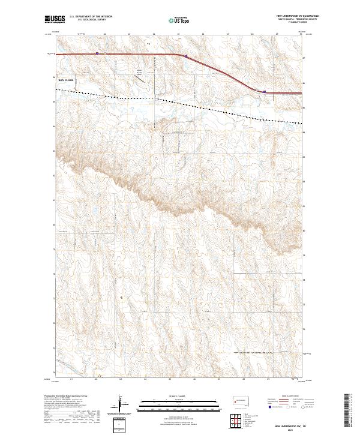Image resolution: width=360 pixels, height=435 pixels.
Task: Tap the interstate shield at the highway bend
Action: point(186,58)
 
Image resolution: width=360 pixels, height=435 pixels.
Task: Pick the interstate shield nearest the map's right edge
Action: point(265,92)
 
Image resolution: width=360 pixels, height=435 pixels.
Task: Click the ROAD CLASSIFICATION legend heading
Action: point(282,397)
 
